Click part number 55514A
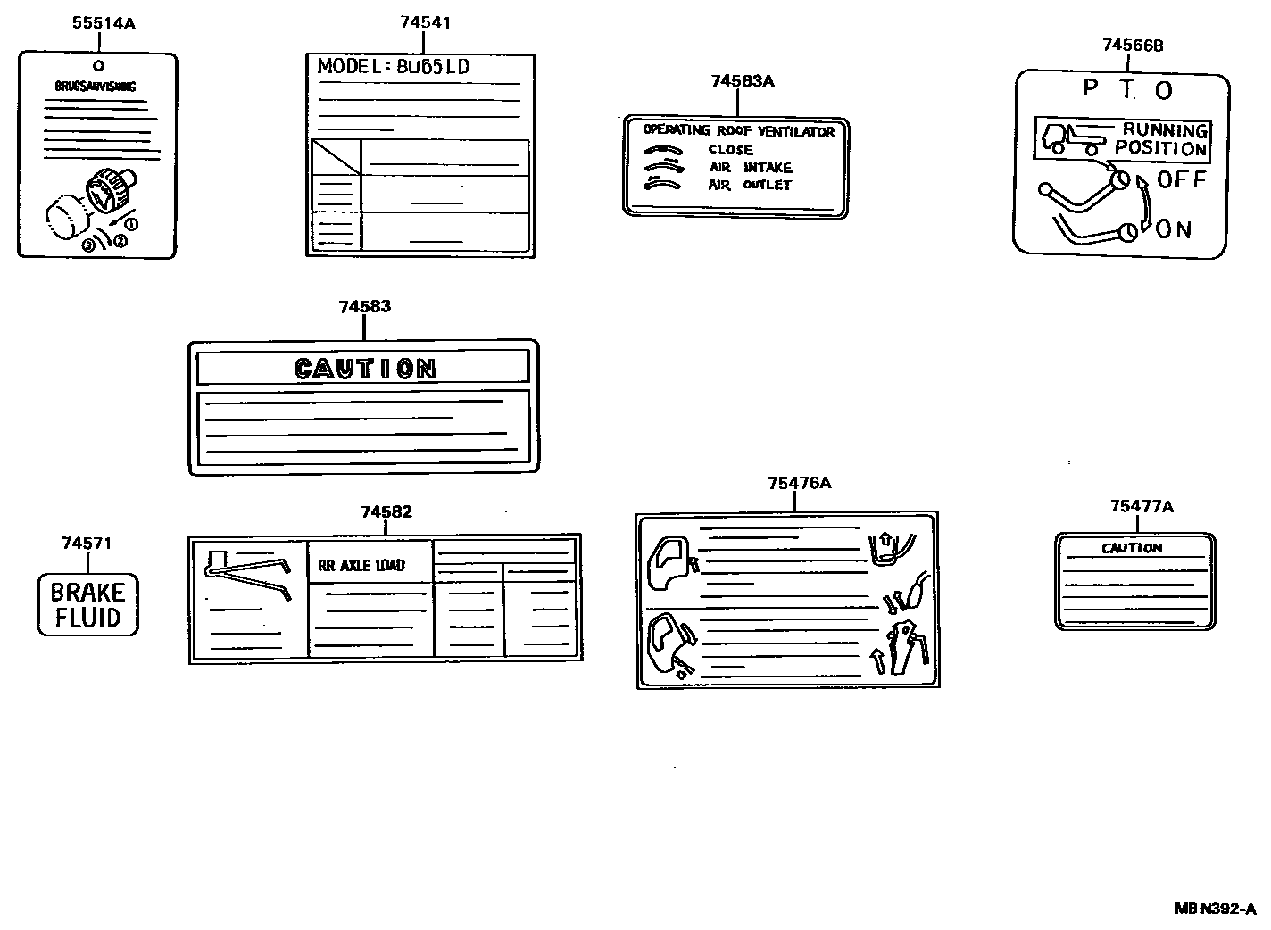pyautogui.click(x=104, y=24)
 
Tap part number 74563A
pyautogui.click(x=742, y=81)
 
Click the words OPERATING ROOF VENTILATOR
pyautogui.click(x=738, y=131)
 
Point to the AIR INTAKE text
pyautogui.click(x=750, y=168)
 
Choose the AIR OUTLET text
pyautogui.click(x=750, y=186)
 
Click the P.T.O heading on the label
pyautogui.click(x=1127, y=88)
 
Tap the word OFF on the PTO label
pyautogui.click(x=1181, y=179)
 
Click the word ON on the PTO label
pyautogui.click(x=1174, y=230)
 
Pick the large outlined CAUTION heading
pyautogui.click(x=364, y=368)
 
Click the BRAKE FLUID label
pyautogui.click(x=87, y=604)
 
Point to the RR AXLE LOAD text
pyautogui.click(x=361, y=565)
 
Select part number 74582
pyautogui.click(x=386, y=512)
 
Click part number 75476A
pyautogui.click(x=799, y=483)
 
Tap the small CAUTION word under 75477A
pyautogui.click(x=1132, y=548)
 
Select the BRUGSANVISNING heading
pyautogui.click(x=96, y=87)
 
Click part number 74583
pyautogui.click(x=364, y=307)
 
